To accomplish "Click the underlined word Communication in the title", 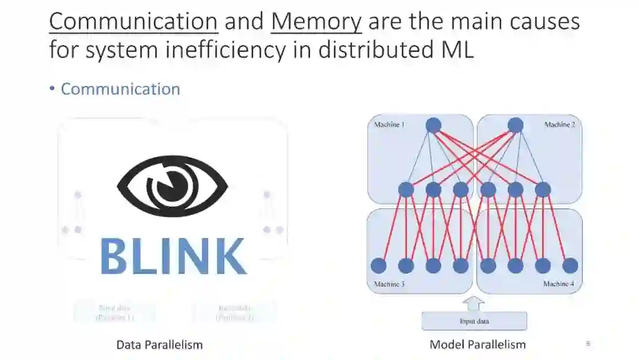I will pyautogui.click(x=133, y=21).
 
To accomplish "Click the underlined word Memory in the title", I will pyautogui.click(x=316, y=21).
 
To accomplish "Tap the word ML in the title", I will pyautogui.click(x=457, y=50).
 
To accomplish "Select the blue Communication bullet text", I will pyautogui.click(x=120, y=89).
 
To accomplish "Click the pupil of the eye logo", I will pyautogui.click(x=172, y=185).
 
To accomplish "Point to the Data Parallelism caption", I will pyautogui.click(x=159, y=345).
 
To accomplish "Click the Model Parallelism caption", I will pyautogui.click(x=477, y=345).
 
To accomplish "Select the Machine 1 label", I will pyautogui.click(x=389, y=125).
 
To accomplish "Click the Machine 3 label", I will pyautogui.click(x=389, y=284).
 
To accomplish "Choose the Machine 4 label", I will pyautogui.click(x=559, y=284).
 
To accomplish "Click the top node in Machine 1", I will pyautogui.click(x=434, y=125).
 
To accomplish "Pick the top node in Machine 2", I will pyautogui.click(x=515, y=125).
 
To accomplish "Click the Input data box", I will pyautogui.click(x=474, y=322).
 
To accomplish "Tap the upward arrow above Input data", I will pyautogui.click(x=474, y=303).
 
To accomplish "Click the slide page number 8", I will pyautogui.click(x=588, y=343).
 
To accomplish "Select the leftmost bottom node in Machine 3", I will pyautogui.click(x=379, y=266).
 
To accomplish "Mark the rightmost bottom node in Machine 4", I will pyautogui.click(x=570, y=266).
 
